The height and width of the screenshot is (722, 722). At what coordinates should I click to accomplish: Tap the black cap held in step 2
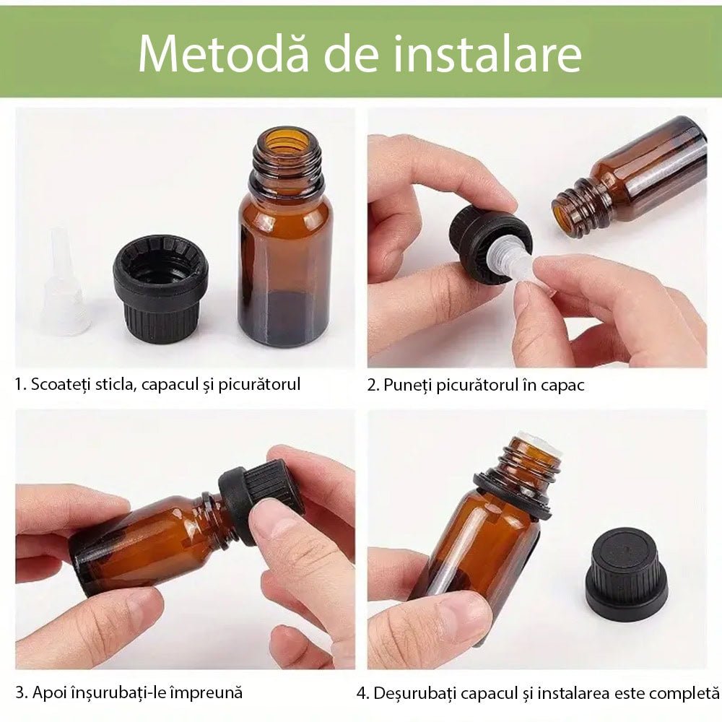tap(484, 242)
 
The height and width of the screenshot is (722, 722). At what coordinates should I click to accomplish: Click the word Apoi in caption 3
tap(50, 692)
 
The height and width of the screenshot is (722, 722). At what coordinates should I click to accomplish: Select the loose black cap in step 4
tap(626, 574)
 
